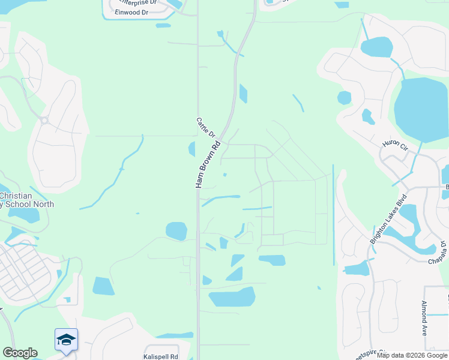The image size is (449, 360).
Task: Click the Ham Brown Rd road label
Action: (208, 164)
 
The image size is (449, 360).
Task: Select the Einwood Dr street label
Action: (133, 12)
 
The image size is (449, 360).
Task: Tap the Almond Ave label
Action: (424, 318)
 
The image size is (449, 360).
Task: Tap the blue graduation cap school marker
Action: (66, 340)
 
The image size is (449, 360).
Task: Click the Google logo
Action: (20, 353)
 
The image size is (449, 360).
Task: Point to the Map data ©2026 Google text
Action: (412, 355)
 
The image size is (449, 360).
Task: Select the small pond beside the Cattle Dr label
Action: (192, 149)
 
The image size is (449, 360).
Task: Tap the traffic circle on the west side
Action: (44, 120)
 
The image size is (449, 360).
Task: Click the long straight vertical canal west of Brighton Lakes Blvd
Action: (333, 216)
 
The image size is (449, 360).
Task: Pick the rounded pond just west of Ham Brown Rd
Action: (176, 231)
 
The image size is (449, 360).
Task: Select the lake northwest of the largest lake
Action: (376, 47)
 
